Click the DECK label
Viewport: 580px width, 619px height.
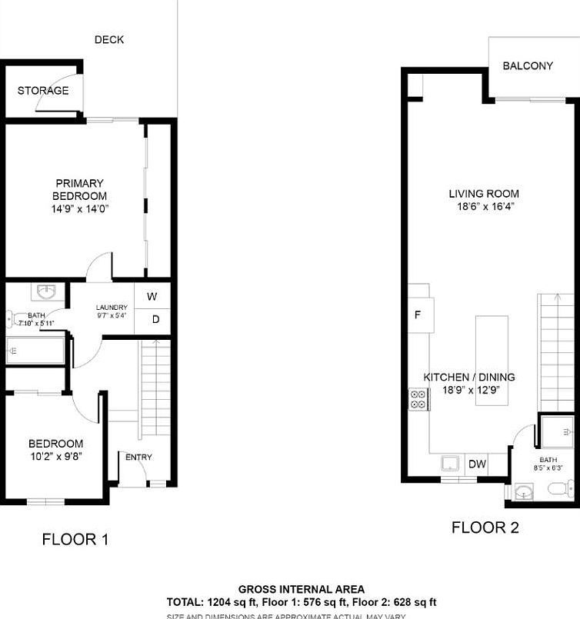(109, 40)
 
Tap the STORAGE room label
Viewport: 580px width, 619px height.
(43, 91)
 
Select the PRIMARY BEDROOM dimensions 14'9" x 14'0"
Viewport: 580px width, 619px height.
(79, 208)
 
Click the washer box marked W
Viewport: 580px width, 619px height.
(152, 297)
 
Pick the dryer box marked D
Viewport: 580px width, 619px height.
(155, 320)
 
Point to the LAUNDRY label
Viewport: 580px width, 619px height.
(111, 308)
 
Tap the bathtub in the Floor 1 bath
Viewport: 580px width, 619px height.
(35, 352)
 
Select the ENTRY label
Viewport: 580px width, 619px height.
(138, 458)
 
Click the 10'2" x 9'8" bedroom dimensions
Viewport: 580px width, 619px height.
(55, 456)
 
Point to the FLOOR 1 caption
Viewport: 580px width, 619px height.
(75, 540)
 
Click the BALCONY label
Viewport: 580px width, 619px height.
(528, 66)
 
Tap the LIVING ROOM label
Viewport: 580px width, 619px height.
(484, 194)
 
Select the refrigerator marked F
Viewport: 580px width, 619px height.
(419, 315)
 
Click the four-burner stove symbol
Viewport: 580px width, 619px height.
(418, 398)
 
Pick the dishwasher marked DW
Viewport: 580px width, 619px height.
(477, 464)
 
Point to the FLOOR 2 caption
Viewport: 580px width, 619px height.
(485, 527)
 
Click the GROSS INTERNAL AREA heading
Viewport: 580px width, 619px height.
(302, 589)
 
